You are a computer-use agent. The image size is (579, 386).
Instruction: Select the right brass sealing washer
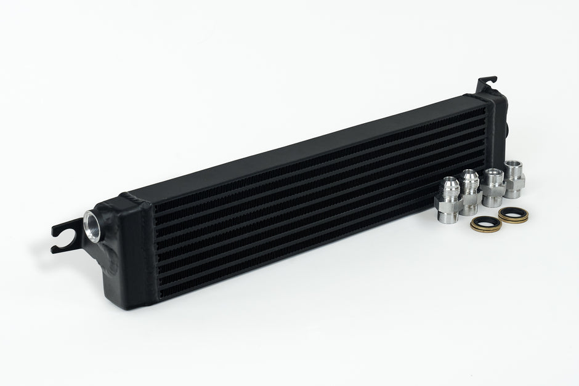512,215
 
